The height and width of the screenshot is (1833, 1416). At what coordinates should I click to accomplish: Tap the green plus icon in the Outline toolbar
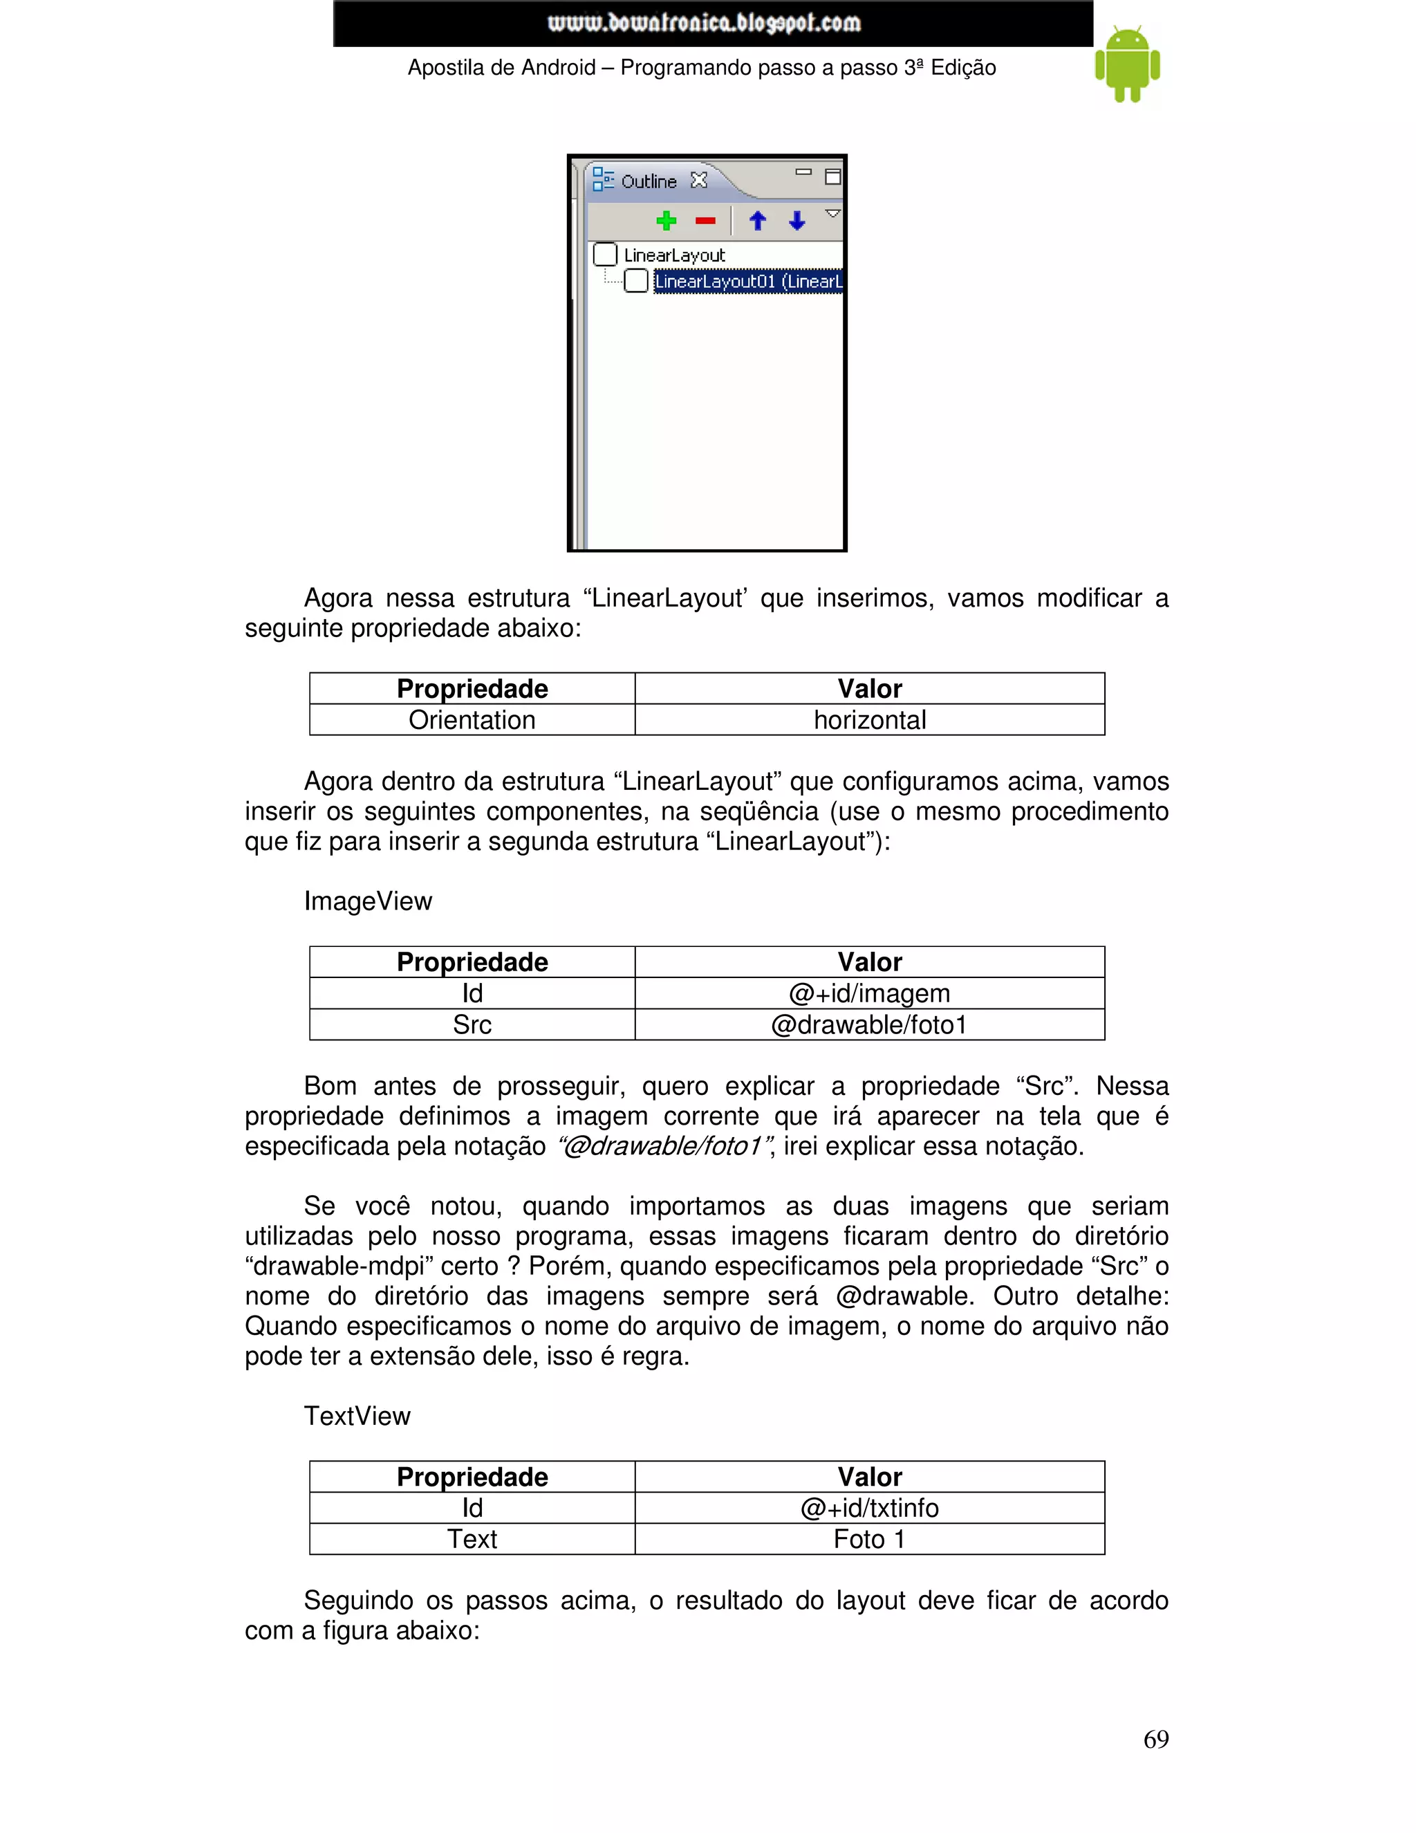click(x=666, y=221)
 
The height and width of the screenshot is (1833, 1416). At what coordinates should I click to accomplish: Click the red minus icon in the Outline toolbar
click(x=705, y=221)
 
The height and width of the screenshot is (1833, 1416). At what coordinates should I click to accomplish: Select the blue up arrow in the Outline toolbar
click(x=758, y=221)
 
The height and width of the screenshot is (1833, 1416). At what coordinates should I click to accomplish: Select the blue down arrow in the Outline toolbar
click(x=797, y=221)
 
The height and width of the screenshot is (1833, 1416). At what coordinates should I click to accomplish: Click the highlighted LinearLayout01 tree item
click(x=747, y=281)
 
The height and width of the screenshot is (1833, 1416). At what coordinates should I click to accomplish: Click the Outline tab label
click(x=649, y=181)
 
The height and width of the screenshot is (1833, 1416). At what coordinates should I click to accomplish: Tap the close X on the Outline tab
click(x=699, y=181)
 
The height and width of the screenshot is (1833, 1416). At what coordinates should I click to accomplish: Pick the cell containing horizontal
click(x=869, y=720)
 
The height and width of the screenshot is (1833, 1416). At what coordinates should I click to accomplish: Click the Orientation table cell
click(x=472, y=720)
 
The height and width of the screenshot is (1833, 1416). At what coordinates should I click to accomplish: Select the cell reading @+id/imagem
click(x=869, y=994)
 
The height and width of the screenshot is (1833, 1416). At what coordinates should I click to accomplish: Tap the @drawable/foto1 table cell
click(x=869, y=1025)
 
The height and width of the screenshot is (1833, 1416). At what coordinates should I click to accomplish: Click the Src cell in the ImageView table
click(x=472, y=1025)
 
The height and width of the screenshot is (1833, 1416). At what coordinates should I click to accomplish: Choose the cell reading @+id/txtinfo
click(x=869, y=1508)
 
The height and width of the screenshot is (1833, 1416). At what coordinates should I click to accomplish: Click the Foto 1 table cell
click(x=869, y=1539)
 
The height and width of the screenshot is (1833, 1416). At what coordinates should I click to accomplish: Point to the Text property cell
click(x=472, y=1539)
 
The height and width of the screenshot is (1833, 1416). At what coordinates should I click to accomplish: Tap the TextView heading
click(x=357, y=1416)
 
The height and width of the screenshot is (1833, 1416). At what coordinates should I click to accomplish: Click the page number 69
click(x=1155, y=1739)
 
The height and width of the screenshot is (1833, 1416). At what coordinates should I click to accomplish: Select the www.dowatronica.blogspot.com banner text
click(x=704, y=23)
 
